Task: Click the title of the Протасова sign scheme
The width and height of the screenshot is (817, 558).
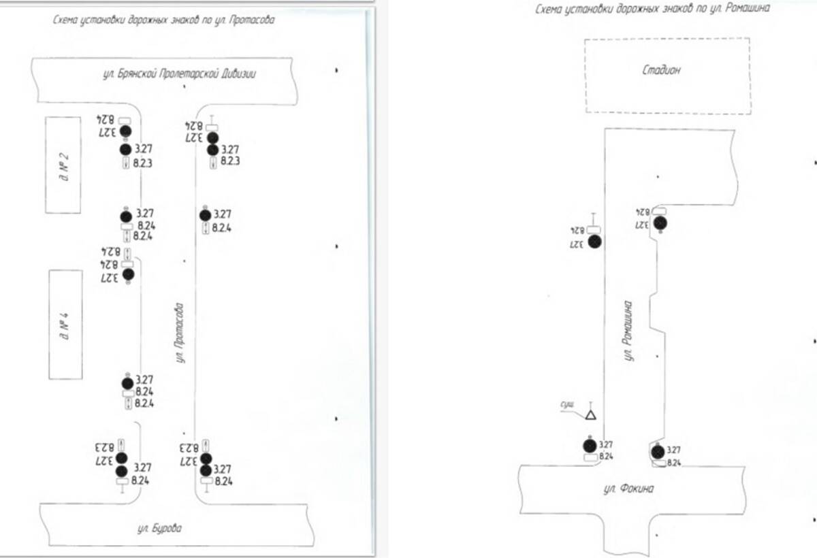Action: [x=163, y=20]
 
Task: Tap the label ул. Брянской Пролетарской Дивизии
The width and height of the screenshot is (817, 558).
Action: [x=179, y=74]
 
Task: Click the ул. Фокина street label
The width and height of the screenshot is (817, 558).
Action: [x=628, y=488]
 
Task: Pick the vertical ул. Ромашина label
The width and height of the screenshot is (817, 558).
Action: [x=629, y=331]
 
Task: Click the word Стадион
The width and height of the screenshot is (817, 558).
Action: [x=661, y=70]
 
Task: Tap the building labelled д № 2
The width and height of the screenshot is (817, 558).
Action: [x=63, y=165]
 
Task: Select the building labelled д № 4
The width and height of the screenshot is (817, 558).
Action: [x=66, y=324]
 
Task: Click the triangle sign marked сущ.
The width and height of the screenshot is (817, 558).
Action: [x=591, y=414]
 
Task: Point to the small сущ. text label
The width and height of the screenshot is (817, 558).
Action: [x=566, y=404]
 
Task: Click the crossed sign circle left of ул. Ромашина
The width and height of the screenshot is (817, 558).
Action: [x=595, y=242]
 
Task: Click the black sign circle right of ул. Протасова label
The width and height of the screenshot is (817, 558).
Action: [x=205, y=215]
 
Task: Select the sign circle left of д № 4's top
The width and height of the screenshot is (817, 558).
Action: [x=127, y=274]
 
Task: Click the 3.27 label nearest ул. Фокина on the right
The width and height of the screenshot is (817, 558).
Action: [x=673, y=450]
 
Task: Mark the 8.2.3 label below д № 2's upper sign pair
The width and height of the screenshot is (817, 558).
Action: [x=143, y=163]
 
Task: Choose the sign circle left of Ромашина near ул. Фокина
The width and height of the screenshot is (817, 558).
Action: [x=590, y=445]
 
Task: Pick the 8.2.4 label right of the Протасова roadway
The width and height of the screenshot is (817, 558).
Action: [x=222, y=229]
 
